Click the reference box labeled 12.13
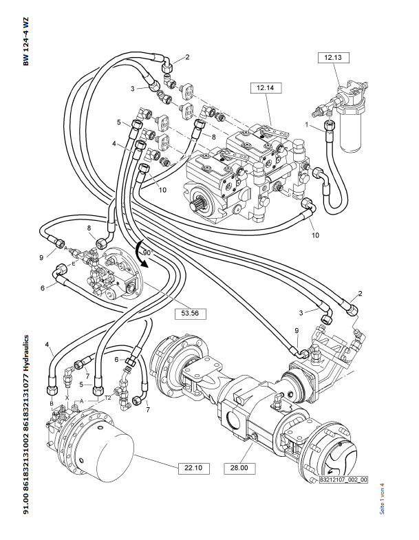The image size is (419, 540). click(333, 58)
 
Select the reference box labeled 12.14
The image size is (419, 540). click(266, 88)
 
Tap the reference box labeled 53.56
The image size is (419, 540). click(190, 314)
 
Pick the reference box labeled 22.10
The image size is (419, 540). click(193, 468)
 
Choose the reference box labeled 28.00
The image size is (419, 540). click(239, 468)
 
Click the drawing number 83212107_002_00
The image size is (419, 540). click(343, 479)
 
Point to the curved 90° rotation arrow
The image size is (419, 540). click(140, 254)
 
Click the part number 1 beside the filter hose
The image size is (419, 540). click(307, 125)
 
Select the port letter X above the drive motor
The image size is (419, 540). click(67, 397)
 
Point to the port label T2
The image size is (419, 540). click(108, 398)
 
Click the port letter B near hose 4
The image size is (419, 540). click(52, 403)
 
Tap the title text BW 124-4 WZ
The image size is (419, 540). click(26, 41)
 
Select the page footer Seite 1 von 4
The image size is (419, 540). click(382, 499)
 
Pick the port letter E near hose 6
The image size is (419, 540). click(73, 263)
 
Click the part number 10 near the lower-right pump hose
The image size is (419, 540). click(315, 235)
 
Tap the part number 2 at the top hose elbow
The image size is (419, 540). click(187, 57)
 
